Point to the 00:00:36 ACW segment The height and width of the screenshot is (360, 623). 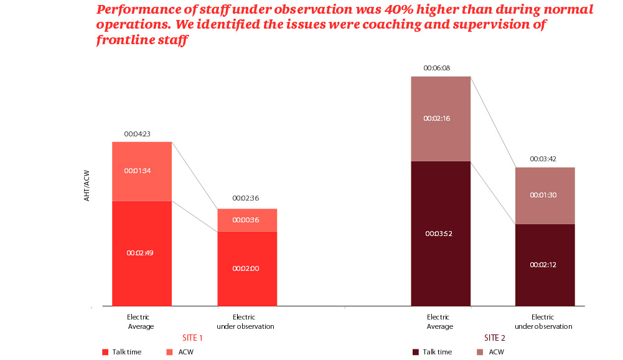245,220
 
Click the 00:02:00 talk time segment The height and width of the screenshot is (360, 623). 245,268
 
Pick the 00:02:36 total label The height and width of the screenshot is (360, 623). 245,198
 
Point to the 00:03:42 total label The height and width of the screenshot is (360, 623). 543,159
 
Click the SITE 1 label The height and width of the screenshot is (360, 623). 192,338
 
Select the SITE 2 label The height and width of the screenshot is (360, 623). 495,338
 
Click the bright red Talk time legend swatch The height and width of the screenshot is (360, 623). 105,353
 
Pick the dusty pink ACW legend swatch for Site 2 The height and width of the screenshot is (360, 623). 480,353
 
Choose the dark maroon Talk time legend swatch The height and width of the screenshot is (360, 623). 415,353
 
